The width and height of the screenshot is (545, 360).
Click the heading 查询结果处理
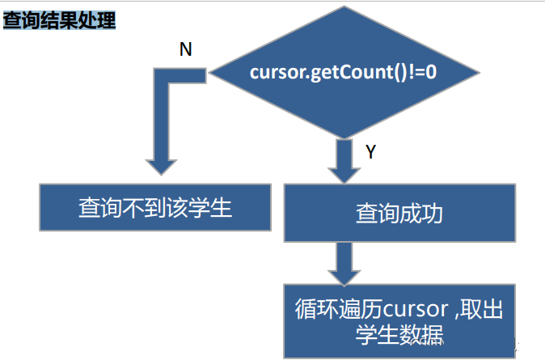(59, 20)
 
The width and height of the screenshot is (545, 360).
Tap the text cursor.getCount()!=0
(343, 72)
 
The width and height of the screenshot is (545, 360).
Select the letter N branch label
(185, 50)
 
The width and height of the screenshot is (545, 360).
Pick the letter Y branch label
(370, 151)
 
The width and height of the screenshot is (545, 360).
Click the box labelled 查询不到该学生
(155, 207)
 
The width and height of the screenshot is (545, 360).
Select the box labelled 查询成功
(399, 213)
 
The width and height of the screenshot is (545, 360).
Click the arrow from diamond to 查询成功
(343, 161)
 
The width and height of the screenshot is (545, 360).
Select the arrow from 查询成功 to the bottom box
(343, 262)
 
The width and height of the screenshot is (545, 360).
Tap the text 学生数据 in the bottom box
(399, 334)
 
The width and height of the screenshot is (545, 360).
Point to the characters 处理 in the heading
(97, 20)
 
